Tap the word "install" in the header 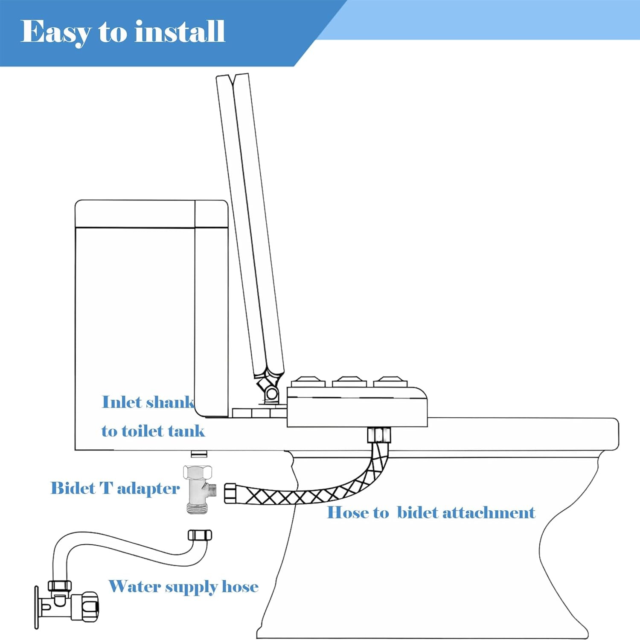coord(180,32)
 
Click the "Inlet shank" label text coord(148,402)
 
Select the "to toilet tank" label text coord(153,431)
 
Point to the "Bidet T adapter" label coord(115,488)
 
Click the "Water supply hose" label coord(183,587)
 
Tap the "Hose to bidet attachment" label coord(431,512)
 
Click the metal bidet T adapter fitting coord(199,489)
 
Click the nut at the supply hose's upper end coord(200,535)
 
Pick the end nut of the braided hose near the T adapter coord(231,492)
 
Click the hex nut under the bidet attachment coord(379,436)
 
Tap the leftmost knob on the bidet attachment coord(308,381)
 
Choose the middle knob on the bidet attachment coord(349,381)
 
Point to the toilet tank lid coord(151,214)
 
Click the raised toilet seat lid coord(250,222)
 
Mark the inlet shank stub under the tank coord(199,454)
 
